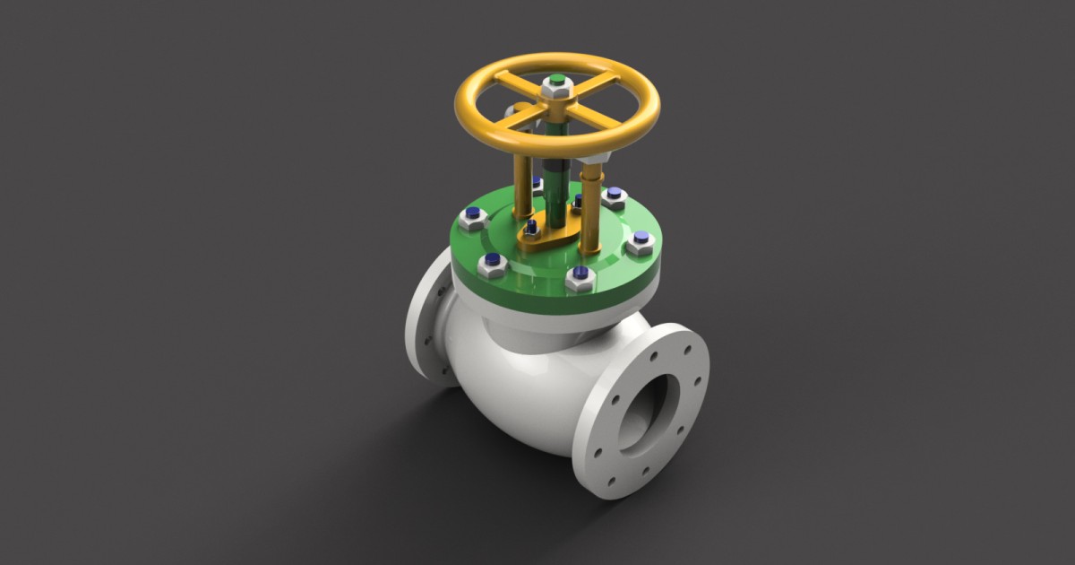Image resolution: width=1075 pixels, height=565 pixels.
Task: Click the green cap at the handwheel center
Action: point(556,81)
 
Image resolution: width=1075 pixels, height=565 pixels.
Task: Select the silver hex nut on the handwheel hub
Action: point(556,90)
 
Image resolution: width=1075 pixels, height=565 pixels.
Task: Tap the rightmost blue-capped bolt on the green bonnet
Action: point(639,241)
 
